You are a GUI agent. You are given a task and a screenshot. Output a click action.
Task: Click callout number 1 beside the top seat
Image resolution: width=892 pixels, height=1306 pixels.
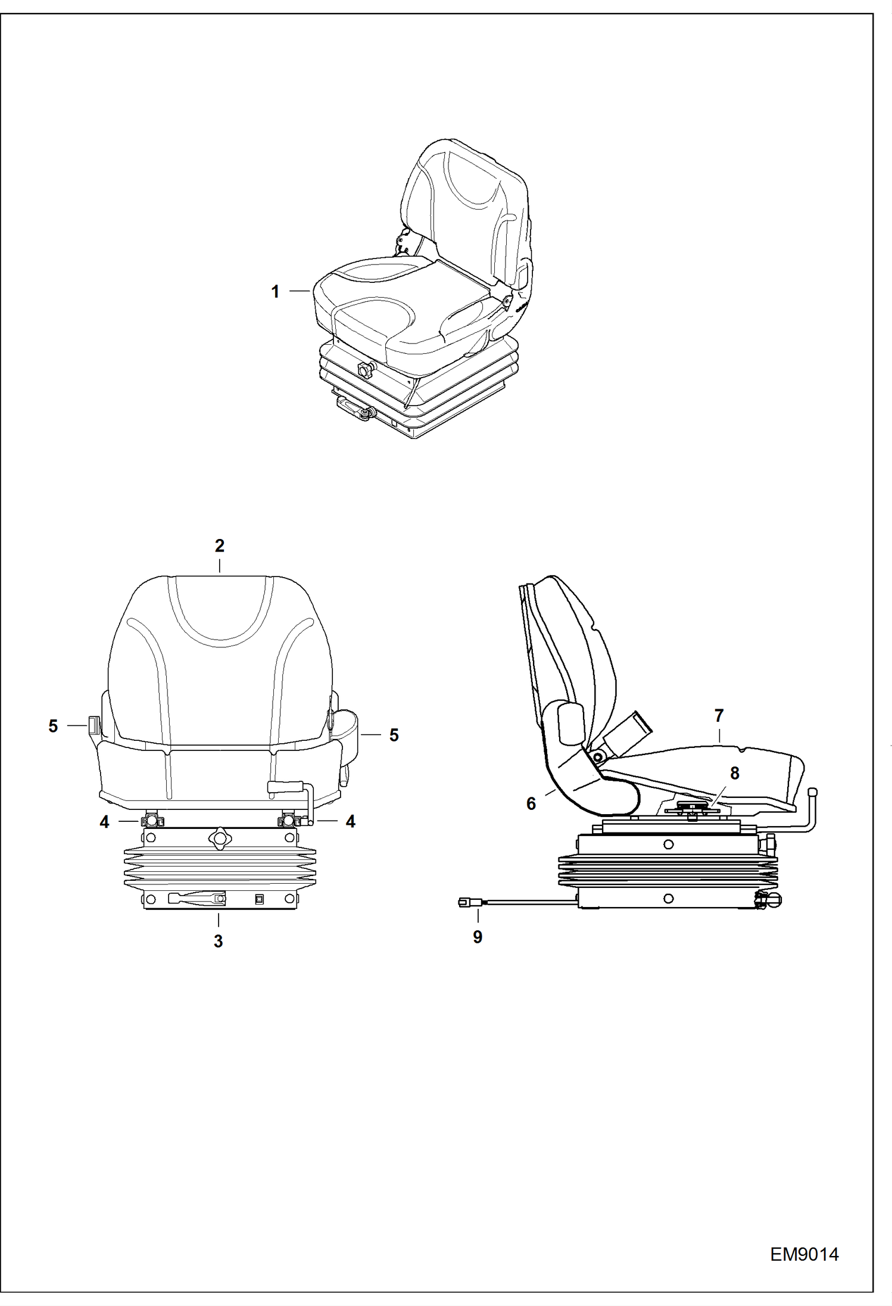click(x=275, y=292)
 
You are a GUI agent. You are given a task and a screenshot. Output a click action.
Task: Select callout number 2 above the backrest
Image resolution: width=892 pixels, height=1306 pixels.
click(x=219, y=545)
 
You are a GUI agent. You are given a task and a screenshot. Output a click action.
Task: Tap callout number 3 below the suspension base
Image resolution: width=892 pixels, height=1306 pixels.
click(x=218, y=941)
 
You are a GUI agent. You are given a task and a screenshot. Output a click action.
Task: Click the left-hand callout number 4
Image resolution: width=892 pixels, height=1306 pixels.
click(x=105, y=822)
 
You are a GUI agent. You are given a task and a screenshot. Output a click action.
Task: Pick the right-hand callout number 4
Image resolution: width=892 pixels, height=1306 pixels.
click(x=350, y=822)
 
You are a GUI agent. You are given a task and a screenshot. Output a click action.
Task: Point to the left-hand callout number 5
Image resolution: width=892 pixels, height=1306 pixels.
click(x=53, y=726)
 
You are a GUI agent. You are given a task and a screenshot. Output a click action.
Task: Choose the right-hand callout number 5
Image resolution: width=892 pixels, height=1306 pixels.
click(x=394, y=735)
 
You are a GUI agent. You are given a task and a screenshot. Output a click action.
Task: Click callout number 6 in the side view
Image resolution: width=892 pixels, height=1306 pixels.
click(x=531, y=803)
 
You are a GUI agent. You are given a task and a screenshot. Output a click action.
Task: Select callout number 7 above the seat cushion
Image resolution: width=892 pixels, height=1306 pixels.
click(x=719, y=715)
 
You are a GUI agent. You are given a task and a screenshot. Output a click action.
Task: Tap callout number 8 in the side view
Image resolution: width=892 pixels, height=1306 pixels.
click(x=734, y=773)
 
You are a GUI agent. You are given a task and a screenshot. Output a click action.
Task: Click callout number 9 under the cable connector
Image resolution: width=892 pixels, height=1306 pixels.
click(x=478, y=937)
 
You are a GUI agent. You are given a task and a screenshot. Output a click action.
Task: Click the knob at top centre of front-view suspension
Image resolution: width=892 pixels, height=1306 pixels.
click(x=219, y=838)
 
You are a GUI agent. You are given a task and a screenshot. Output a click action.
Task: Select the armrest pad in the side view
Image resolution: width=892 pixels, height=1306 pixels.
click(x=571, y=723)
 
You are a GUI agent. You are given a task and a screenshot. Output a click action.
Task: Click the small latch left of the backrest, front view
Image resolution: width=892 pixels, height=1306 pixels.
click(x=92, y=725)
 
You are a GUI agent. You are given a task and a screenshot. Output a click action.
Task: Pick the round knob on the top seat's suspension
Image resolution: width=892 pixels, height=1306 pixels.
click(x=363, y=370)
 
